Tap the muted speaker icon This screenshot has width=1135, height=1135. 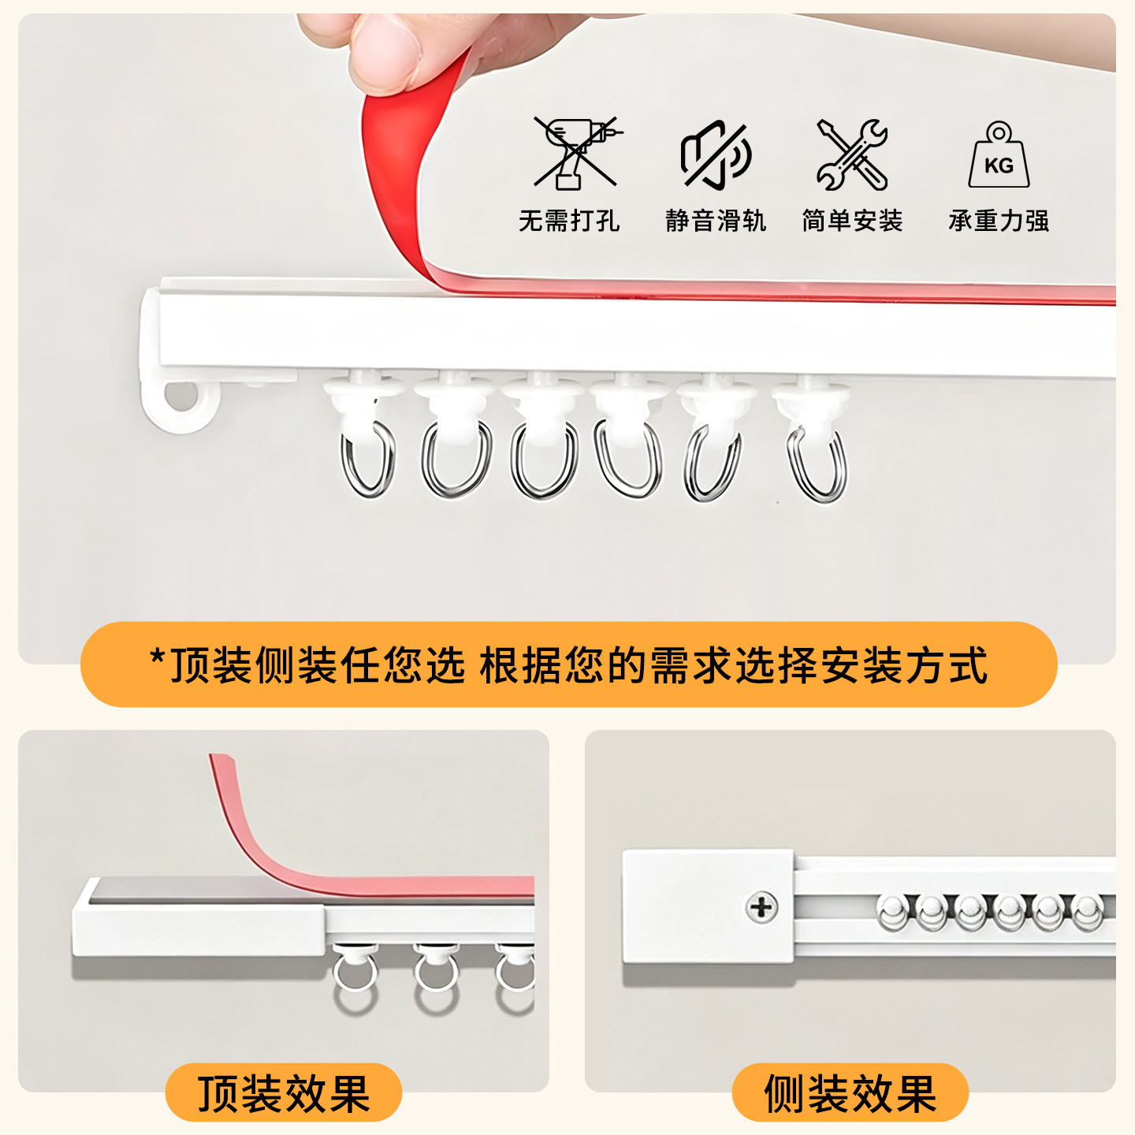pyautogui.click(x=715, y=155)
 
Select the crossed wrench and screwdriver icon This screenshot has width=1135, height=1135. pyautogui.click(x=852, y=154)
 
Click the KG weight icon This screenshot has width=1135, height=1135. pyautogui.click(x=999, y=154)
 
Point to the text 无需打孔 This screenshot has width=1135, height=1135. pyautogui.click(x=569, y=221)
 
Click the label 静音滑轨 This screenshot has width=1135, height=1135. pyautogui.click(x=716, y=221)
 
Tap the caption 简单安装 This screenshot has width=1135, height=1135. pyautogui.click(x=852, y=221)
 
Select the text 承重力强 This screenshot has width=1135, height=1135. pyautogui.click(x=999, y=221)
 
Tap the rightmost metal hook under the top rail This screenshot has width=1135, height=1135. pyautogui.click(x=817, y=465)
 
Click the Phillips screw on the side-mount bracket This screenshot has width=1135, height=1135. pyautogui.click(x=761, y=906)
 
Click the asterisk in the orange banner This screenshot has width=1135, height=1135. pyautogui.click(x=157, y=656)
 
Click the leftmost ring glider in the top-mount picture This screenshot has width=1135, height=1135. pyautogui.click(x=355, y=979)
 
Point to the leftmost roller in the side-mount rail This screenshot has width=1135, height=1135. pyautogui.click(x=892, y=913)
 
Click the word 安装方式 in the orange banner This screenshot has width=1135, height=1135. pyautogui.click(x=903, y=665)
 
